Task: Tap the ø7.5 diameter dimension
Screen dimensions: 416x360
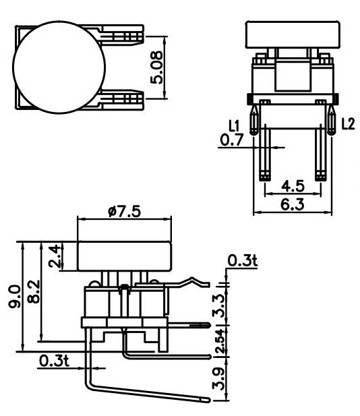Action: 124,210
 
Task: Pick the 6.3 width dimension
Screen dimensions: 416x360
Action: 292,204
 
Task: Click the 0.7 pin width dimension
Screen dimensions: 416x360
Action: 233,140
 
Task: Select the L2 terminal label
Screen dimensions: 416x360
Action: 347,124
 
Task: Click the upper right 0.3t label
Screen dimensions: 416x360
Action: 242,261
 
